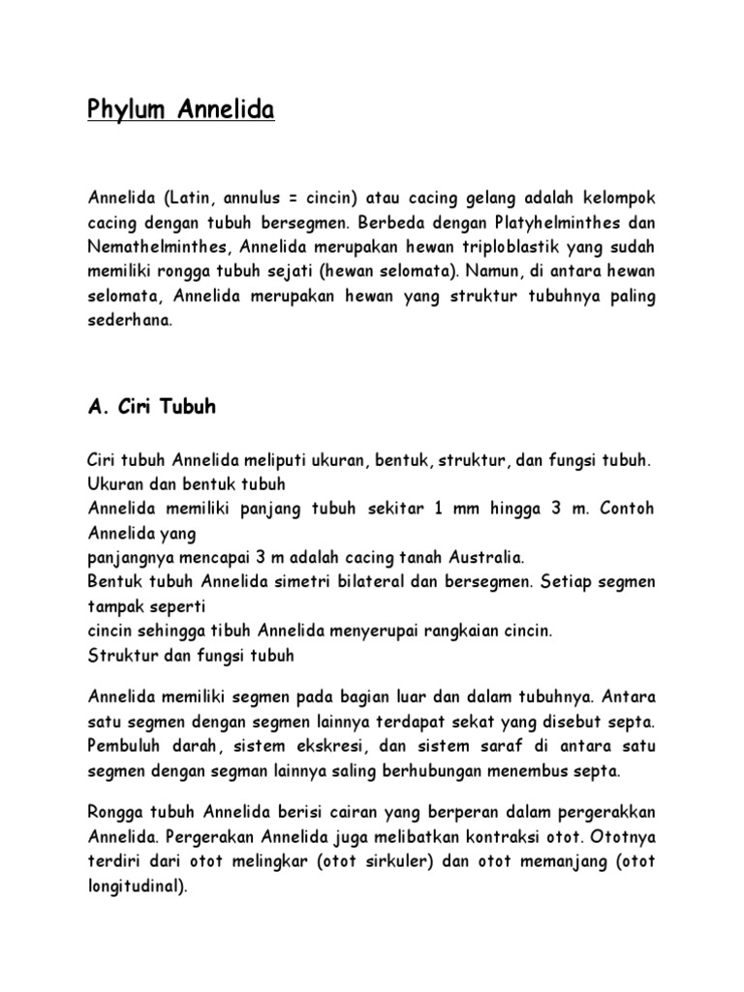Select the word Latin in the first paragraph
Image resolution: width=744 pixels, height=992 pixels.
[190, 198]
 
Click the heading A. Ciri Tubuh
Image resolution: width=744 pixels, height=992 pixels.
[151, 408]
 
